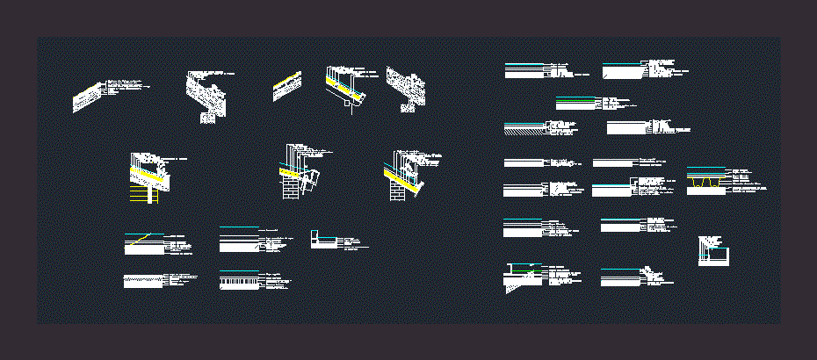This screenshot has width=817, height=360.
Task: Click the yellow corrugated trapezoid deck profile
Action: point(704,184)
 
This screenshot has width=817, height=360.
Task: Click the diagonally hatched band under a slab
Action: point(526,129)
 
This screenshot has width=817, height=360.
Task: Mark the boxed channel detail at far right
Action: point(712,253)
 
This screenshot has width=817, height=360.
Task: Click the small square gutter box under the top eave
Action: point(350,108)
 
